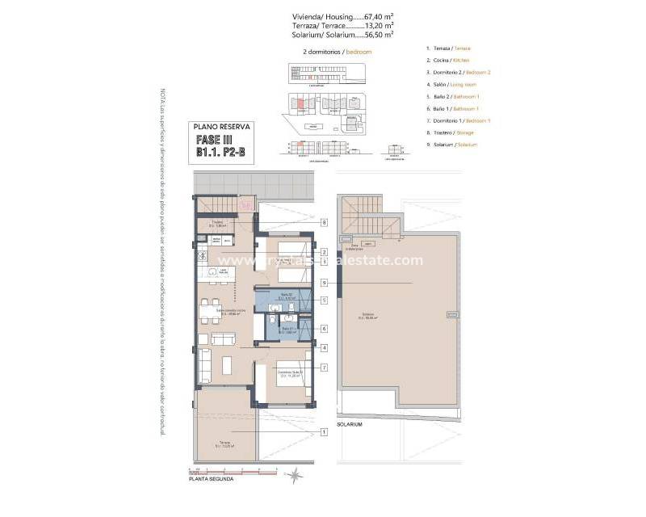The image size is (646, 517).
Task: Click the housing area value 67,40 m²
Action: [x=378, y=15]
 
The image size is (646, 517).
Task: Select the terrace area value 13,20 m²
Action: [x=379, y=25]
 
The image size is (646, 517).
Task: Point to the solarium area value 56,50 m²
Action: [x=379, y=35]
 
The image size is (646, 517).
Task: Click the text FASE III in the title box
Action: [x=220, y=138]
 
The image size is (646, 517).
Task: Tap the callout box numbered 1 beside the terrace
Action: [x=323, y=432]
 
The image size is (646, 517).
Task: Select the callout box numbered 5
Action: [x=323, y=300]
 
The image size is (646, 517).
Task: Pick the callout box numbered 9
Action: [x=323, y=283]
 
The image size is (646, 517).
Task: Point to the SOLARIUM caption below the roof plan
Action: [x=350, y=424]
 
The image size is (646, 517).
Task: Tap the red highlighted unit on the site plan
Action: [x=299, y=103]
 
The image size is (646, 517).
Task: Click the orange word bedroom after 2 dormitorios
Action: [x=358, y=52]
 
